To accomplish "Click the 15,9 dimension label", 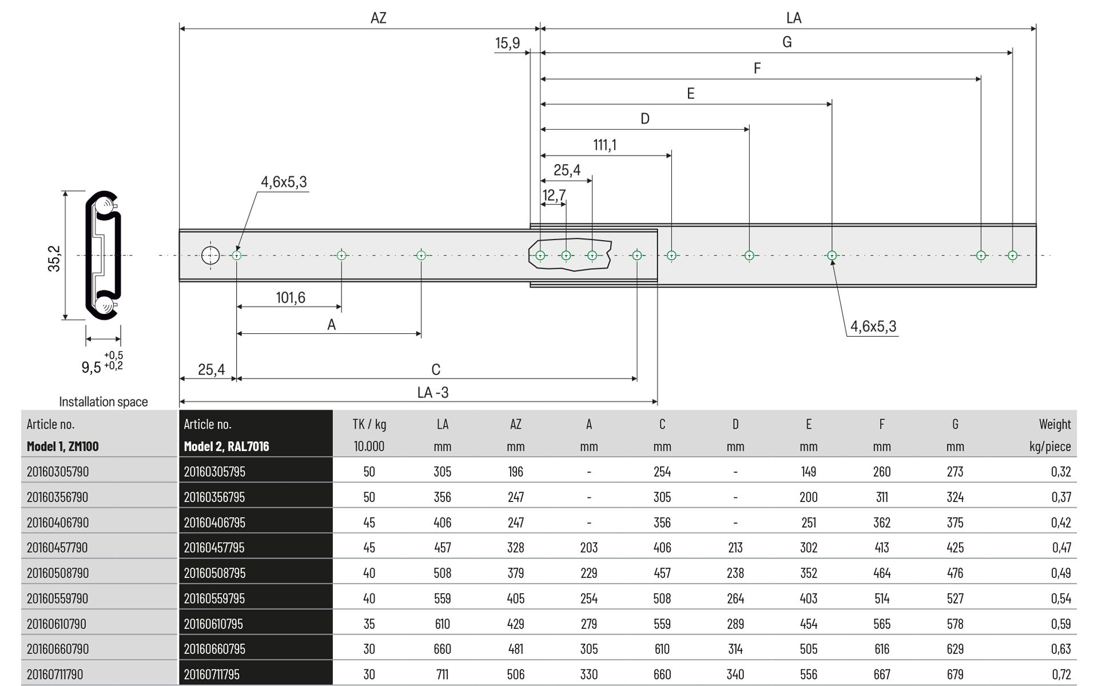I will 507,43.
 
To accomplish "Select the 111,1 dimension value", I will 604,145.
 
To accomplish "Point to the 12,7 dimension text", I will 554,196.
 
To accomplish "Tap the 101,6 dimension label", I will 291,298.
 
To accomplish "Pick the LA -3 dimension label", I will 433,393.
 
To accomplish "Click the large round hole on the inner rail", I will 210,256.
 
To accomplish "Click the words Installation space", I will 104,402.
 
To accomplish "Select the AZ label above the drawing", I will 378,18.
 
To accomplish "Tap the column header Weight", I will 1055,424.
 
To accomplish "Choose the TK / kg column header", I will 369,424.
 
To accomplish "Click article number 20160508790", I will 58,573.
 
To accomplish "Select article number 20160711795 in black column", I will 212,675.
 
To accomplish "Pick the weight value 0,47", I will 1061,548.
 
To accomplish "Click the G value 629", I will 954,649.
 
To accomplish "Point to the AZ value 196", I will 515,472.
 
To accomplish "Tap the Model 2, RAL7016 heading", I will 226,446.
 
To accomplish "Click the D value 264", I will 735,599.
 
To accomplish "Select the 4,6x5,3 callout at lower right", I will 873,326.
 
